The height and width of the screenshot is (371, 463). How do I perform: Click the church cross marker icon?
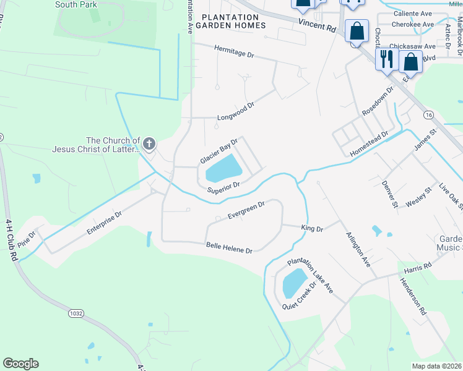tap(149, 145)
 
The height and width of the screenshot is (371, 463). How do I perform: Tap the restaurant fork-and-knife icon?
tap(387, 59)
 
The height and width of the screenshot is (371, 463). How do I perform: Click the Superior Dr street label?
tap(223, 187)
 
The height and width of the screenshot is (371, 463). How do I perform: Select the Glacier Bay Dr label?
tap(219, 151)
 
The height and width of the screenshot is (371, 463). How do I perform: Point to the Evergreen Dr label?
tap(246, 210)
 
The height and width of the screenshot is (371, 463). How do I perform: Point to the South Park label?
tap(76, 4)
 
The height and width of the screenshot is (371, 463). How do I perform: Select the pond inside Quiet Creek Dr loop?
tap(294, 283)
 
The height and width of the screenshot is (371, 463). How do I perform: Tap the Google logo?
tap(20, 364)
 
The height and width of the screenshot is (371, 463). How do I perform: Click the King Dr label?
tap(312, 229)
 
